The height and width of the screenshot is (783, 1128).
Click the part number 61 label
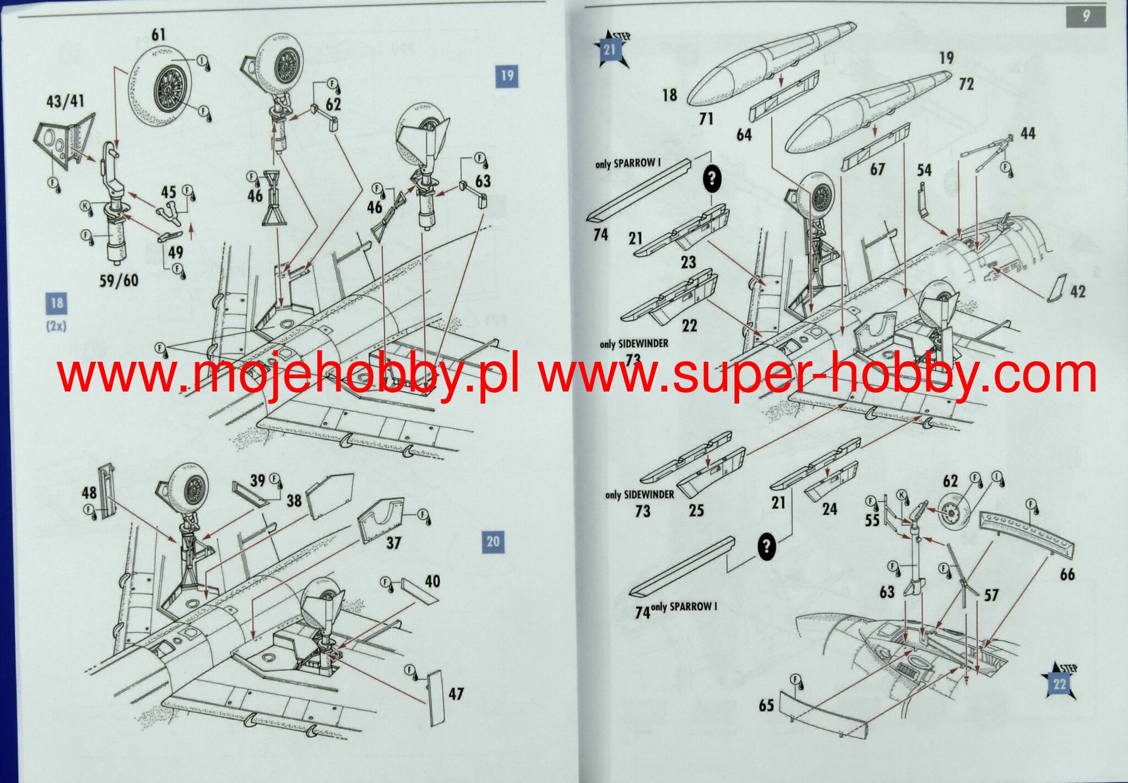click(158, 35)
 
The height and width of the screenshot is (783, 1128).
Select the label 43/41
click(66, 101)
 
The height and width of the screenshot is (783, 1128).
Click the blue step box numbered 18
click(56, 303)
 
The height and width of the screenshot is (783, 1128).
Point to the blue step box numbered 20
click(493, 541)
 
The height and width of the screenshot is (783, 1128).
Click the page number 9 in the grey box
click(1086, 16)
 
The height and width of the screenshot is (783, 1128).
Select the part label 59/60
click(118, 280)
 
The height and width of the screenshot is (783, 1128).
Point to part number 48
click(89, 493)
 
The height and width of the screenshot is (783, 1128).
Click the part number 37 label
click(393, 543)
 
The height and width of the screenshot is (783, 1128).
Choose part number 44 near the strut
click(1028, 133)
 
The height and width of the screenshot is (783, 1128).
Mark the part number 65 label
click(766, 705)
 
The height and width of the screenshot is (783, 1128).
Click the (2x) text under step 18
click(56, 326)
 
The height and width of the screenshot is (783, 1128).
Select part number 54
click(924, 170)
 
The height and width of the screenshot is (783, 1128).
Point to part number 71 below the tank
click(706, 118)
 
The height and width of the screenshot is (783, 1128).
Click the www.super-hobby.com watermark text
click(818, 374)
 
